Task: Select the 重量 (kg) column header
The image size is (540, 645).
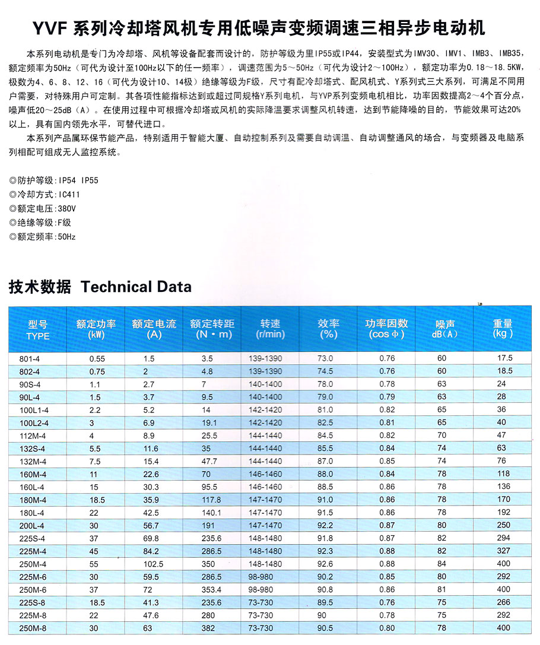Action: click(x=503, y=329)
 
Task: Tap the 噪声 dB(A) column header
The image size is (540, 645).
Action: click(x=445, y=329)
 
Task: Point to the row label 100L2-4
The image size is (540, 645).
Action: click(x=31, y=422)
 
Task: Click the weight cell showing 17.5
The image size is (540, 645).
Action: click(x=505, y=358)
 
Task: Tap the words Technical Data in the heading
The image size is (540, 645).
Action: click(x=136, y=287)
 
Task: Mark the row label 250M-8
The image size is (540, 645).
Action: click(x=29, y=627)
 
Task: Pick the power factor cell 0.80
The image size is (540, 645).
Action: click(x=387, y=627)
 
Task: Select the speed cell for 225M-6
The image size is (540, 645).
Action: click(x=261, y=576)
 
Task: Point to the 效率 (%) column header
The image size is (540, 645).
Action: click(x=328, y=329)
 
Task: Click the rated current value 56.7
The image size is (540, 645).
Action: click(x=150, y=525)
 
